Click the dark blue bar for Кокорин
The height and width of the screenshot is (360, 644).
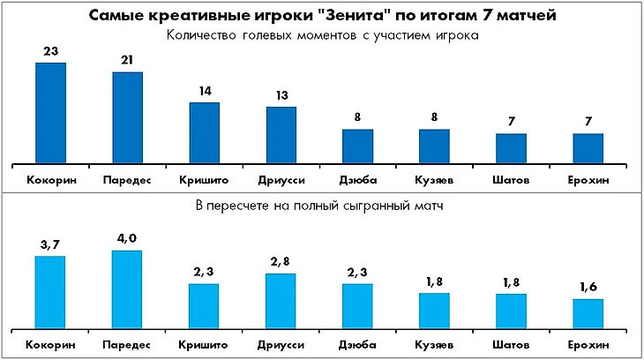(x=50, y=113)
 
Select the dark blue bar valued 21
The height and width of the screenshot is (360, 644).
(x=127, y=117)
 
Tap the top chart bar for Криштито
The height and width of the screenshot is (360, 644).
(x=205, y=132)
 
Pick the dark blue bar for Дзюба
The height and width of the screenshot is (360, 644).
(x=358, y=146)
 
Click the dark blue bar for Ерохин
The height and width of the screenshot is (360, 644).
(x=588, y=148)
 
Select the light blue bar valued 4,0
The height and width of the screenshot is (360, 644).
(x=127, y=289)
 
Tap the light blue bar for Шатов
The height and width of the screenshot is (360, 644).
(x=512, y=310)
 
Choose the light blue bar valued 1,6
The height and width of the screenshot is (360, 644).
(x=588, y=312)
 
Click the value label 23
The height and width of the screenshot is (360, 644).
(x=50, y=52)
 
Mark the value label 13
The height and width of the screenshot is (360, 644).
(x=281, y=96)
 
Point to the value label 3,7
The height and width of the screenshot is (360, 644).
(x=50, y=244)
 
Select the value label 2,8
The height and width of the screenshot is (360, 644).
(x=281, y=262)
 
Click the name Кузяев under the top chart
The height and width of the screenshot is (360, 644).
(x=434, y=180)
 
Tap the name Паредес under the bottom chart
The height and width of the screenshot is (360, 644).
(x=127, y=344)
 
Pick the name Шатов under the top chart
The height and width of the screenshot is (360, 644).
(x=512, y=180)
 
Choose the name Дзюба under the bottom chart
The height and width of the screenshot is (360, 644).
(x=358, y=344)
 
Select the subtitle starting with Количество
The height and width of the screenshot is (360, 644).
(x=321, y=37)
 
